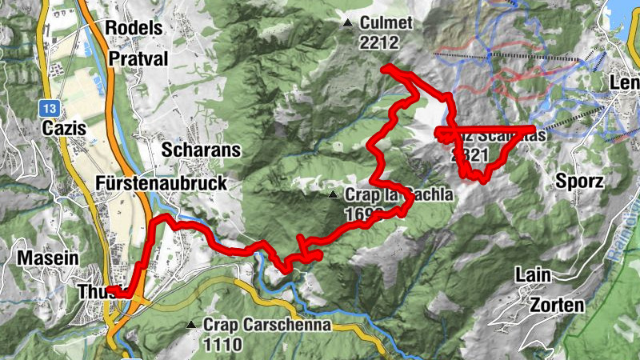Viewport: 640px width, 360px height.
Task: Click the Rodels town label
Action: pyautogui.click(x=134, y=27)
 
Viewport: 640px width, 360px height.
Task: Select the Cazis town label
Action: pyautogui.click(x=65, y=129)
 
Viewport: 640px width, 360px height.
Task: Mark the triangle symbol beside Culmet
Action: pyautogui.click(x=346, y=23)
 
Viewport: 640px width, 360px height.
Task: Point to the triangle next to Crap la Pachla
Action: pyautogui.click(x=333, y=194)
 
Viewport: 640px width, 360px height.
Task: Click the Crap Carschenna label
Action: pyautogui.click(x=267, y=325)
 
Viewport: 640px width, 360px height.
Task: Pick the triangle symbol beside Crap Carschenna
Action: pyautogui.click(x=190, y=325)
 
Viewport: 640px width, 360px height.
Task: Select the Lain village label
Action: pyautogui.click(x=532, y=275)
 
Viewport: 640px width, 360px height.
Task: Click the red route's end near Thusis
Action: pyautogui.click(x=110, y=290)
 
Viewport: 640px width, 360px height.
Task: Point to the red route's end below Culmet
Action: pyautogui.click(x=385, y=70)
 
